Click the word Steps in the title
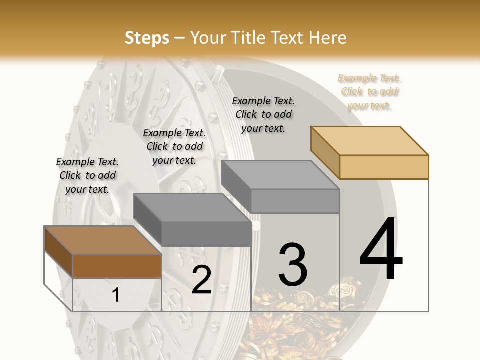click(147, 38)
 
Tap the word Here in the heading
click(328, 38)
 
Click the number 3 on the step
click(293, 264)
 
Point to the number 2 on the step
click(201, 280)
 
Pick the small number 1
click(116, 295)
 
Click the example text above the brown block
click(87, 175)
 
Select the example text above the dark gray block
click(174, 146)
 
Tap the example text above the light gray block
click(263, 114)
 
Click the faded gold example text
click(370, 92)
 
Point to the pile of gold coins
click(295, 325)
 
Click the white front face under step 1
click(117, 295)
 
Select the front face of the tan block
click(384, 167)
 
